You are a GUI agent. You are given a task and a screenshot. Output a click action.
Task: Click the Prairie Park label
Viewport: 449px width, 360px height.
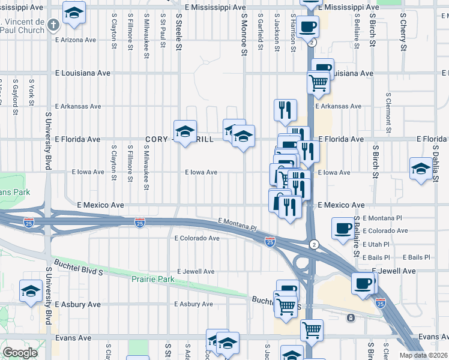[x=152, y=280]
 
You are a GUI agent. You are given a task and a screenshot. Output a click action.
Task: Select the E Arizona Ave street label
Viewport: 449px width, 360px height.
[x=75, y=40]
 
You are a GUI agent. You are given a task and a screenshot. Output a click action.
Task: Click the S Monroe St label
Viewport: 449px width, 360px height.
[x=244, y=36]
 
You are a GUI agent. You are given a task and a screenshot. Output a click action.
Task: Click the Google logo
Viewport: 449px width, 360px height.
[x=20, y=353]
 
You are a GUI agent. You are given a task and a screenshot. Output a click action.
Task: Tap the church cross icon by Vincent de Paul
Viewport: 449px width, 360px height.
[x=53, y=25]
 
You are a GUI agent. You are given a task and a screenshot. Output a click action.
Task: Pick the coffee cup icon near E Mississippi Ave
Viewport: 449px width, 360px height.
[x=307, y=27]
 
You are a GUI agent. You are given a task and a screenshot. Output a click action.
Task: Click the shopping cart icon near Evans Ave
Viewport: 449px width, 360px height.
[x=312, y=330]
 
